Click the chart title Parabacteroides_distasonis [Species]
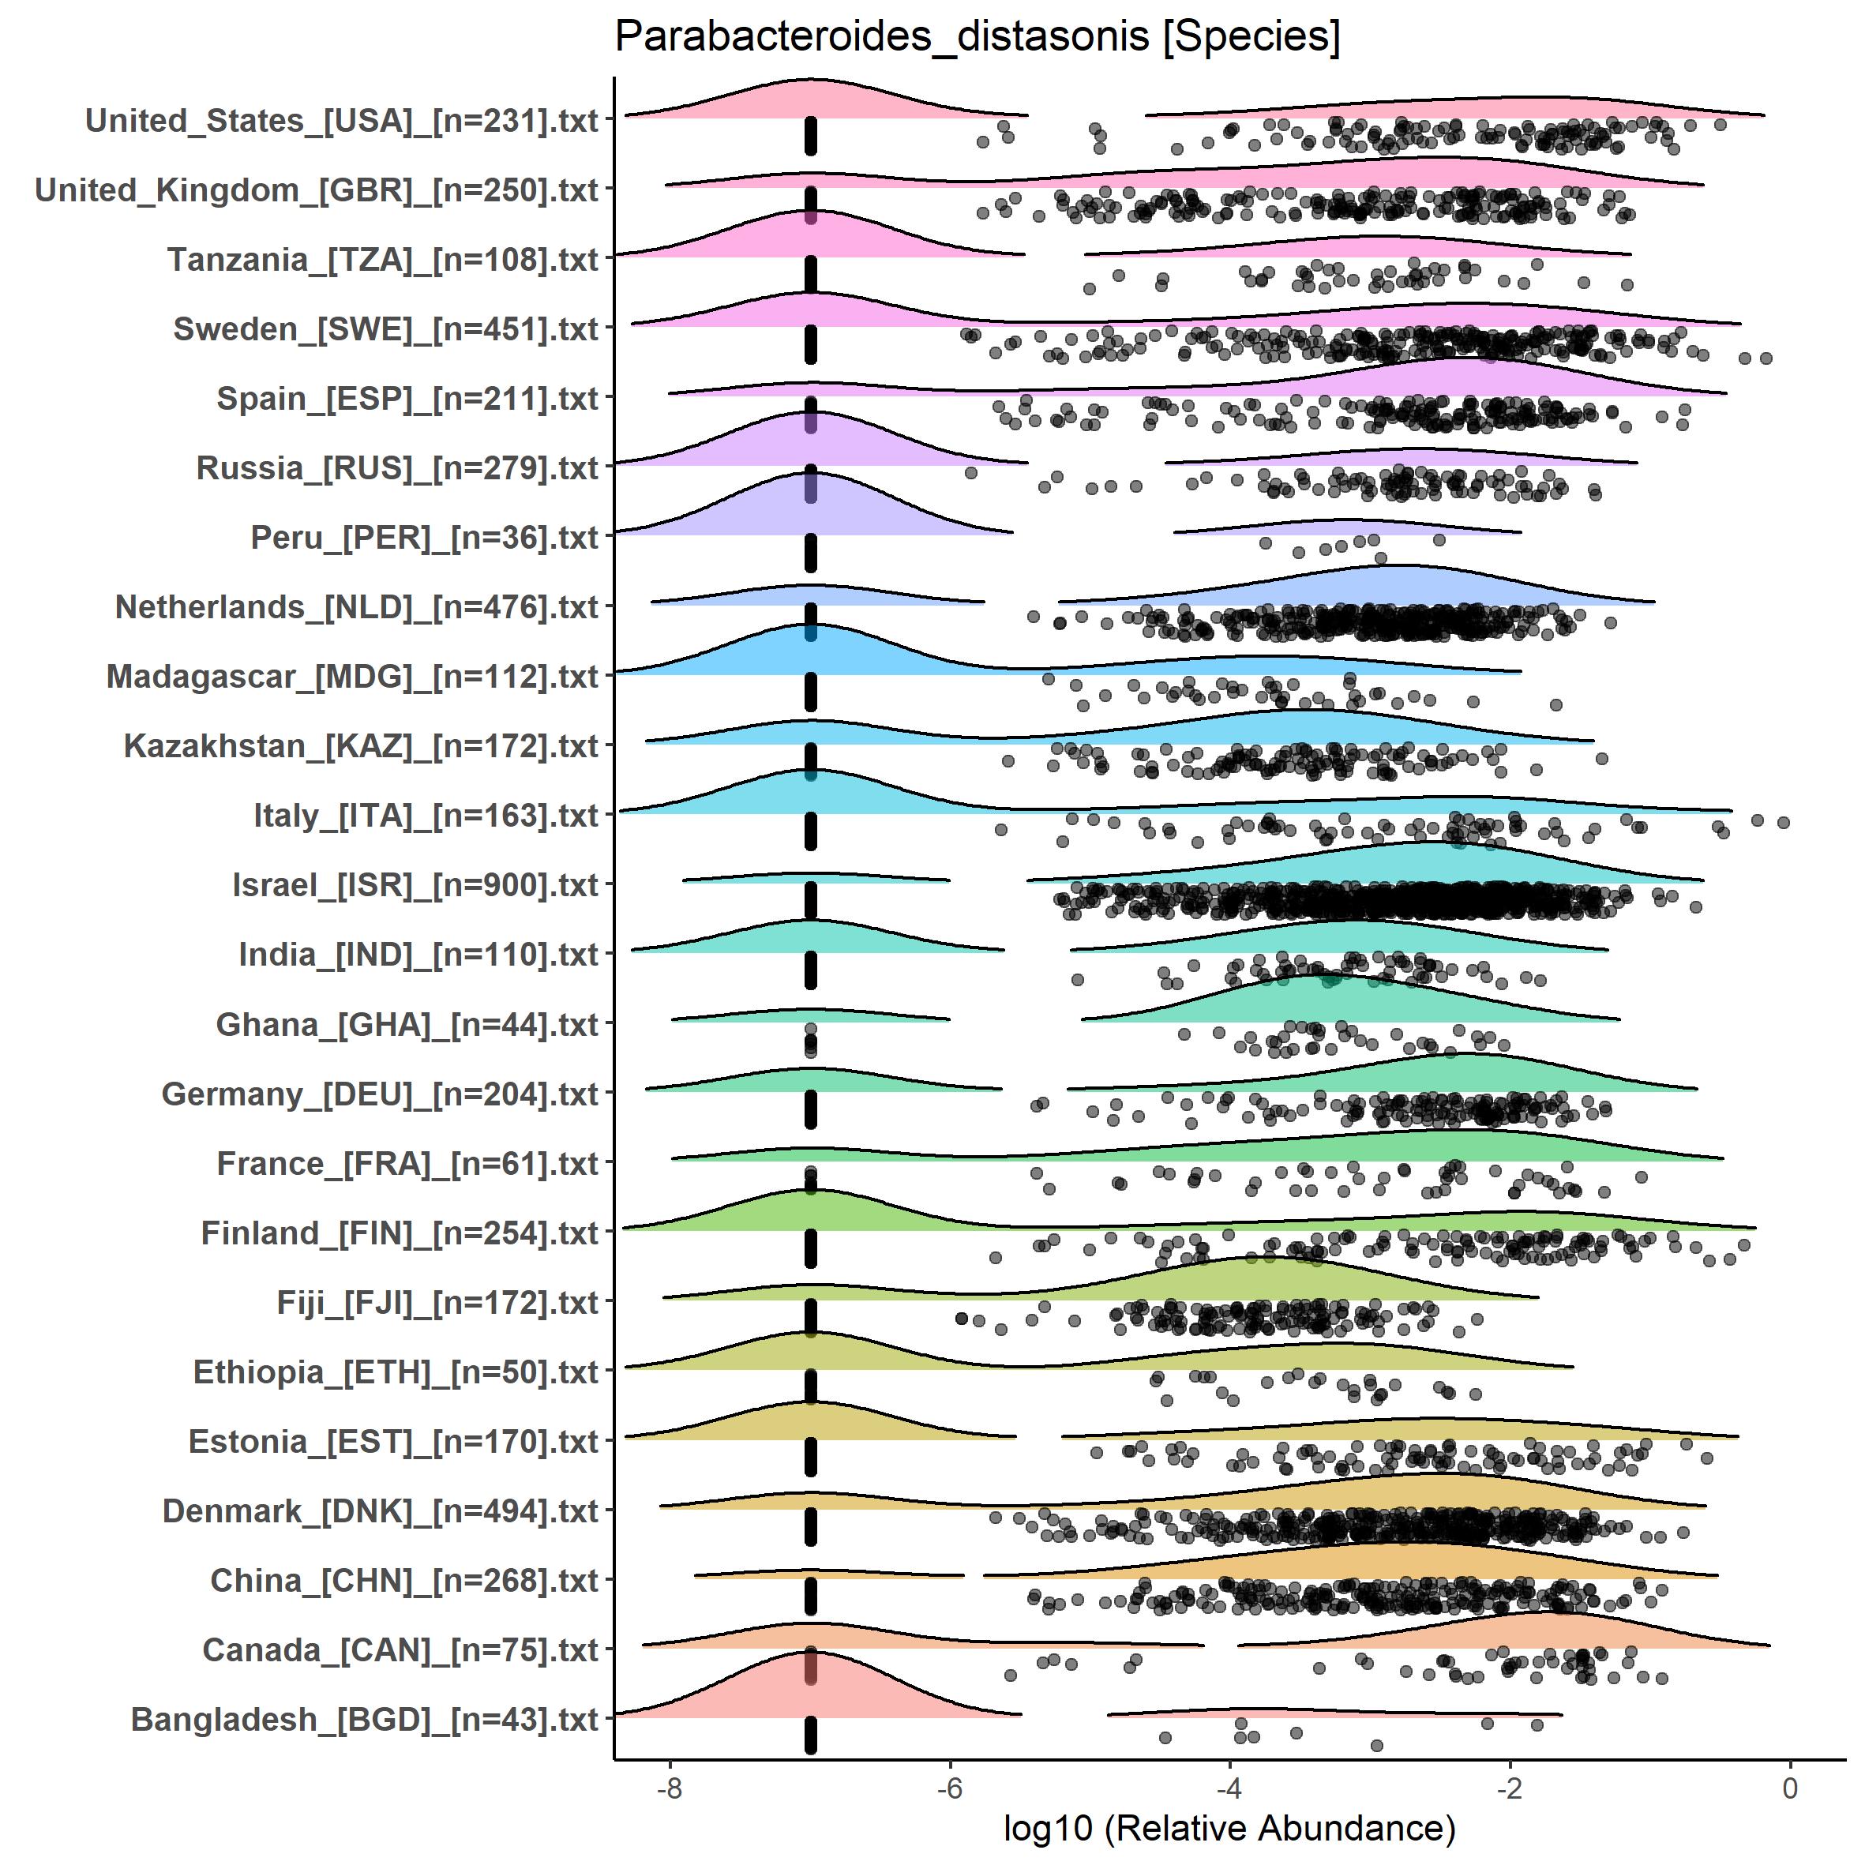coord(977,38)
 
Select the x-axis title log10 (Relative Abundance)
coord(1229,1827)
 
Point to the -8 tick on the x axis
coord(669,1788)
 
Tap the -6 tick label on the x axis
coord(949,1788)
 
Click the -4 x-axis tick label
coord(1229,1788)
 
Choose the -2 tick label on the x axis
coord(1509,1788)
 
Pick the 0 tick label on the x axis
coord(1790,1788)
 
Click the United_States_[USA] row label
coord(342,121)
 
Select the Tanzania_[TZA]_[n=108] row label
coord(382,260)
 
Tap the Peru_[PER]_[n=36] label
coord(425,538)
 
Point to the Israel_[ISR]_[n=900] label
coord(415,885)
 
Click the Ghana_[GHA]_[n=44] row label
coord(407,1024)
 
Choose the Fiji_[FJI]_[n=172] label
coord(437,1302)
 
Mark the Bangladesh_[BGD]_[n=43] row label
coord(364,1719)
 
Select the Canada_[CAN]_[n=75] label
coord(400,1649)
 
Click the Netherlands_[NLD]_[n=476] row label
coord(356,607)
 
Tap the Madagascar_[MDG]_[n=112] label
coord(352,677)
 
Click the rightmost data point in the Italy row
coord(1783,823)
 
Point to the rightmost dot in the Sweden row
coord(1766,358)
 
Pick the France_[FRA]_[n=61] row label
coord(407,1163)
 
